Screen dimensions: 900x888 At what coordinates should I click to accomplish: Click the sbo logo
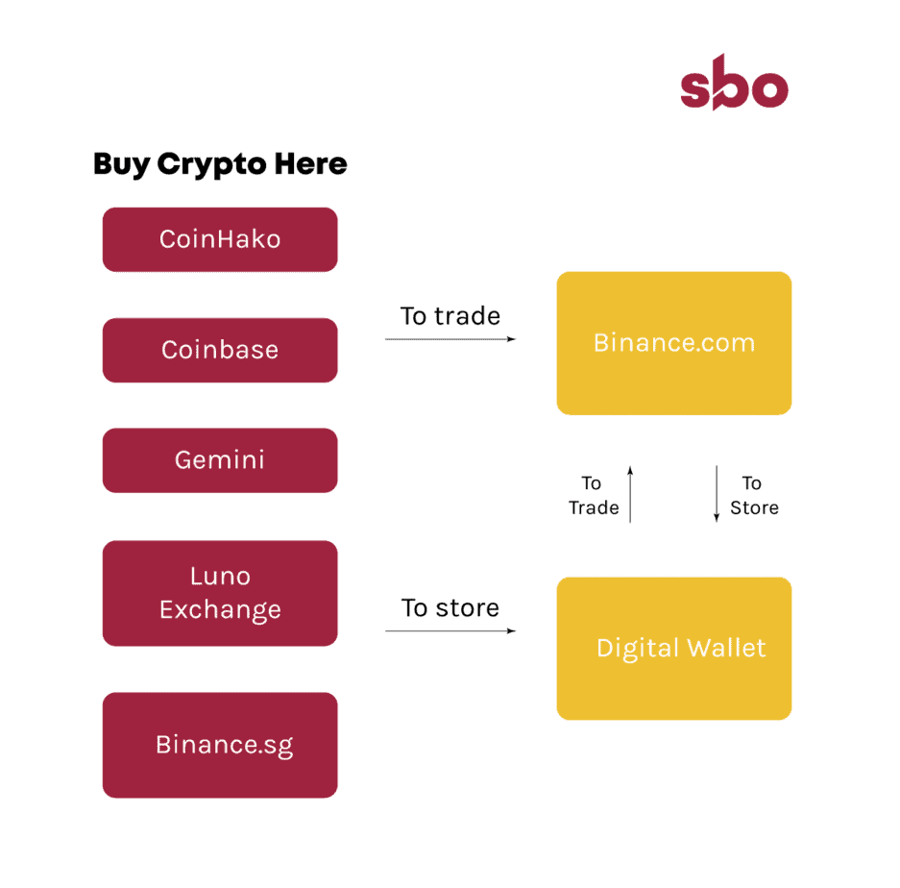coord(734,83)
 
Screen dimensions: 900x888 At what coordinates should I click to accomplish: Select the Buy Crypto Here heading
coord(220,164)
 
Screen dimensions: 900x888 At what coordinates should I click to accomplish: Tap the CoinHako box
coord(220,239)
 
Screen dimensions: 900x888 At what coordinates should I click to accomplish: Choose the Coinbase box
coord(220,350)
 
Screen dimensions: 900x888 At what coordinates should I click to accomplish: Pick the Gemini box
coord(220,460)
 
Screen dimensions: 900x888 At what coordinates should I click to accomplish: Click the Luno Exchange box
coord(220,593)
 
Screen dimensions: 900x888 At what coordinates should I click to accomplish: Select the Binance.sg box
coord(220,745)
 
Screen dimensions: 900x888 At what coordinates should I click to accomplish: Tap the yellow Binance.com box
coord(674,343)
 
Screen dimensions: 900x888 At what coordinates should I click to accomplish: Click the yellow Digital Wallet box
coord(674,649)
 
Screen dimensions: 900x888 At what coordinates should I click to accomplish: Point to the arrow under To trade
coord(450,339)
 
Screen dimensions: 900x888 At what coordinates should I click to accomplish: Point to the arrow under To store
coord(450,630)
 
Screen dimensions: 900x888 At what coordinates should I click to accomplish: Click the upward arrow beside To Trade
coord(630,494)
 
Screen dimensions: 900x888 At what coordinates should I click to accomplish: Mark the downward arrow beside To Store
coord(717,494)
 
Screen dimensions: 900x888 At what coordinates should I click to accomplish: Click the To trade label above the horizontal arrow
coord(450,316)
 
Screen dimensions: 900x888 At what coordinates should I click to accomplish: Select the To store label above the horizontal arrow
coord(450,607)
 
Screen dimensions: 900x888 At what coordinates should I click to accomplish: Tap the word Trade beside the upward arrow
coord(594,507)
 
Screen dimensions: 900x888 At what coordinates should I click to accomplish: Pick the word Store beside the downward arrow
coord(754,507)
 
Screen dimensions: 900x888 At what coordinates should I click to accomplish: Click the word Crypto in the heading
coord(212,165)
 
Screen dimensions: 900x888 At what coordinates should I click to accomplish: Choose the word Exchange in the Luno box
coord(220,610)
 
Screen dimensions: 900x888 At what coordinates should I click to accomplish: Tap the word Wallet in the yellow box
coord(727,648)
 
